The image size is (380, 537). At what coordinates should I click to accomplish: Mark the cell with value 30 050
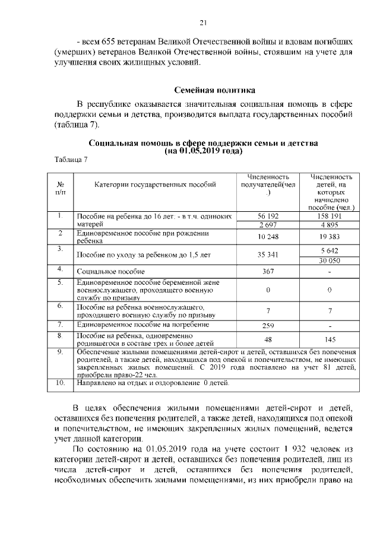click(x=330, y=260)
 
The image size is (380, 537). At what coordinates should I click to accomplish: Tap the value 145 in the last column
click(x=330, y=339)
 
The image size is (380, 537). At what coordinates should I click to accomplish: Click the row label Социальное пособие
click(x=104, y=271)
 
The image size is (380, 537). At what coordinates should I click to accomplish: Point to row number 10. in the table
click(x=61, y=383)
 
